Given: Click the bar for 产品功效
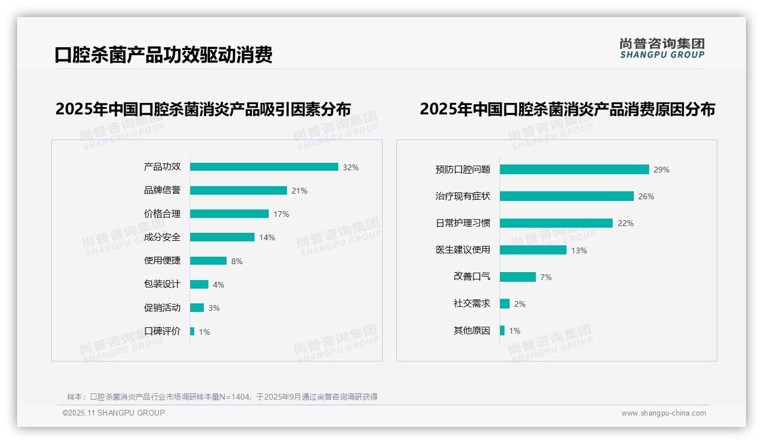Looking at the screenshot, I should (264, 167).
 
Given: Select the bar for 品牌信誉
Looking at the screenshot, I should (239, 191).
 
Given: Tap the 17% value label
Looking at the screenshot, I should (281, 214).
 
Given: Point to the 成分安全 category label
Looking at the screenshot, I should (162, 237).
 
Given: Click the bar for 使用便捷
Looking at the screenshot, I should (208, 261).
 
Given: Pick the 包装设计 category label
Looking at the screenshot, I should (162, 284).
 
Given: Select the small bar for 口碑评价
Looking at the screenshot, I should (192, 331).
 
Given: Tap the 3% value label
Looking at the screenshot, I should (214, 308).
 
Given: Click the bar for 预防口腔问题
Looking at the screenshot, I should (575, 169).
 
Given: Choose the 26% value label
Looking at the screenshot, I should (646, 196).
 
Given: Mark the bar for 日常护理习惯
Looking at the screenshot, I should (556, 223).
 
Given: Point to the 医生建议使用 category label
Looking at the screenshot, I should (463, 250).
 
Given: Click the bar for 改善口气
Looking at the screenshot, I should (518, 277).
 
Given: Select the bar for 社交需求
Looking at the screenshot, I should (505, 304).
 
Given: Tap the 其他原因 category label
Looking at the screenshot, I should (472, 331).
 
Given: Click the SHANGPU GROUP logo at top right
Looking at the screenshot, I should (662, 48).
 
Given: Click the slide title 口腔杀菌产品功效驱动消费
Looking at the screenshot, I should (163, 55).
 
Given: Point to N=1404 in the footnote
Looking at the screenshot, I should (235, 397).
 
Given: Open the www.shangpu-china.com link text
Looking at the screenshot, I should (663, 413).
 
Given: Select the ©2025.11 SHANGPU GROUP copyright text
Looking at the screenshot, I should (114, 413).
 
